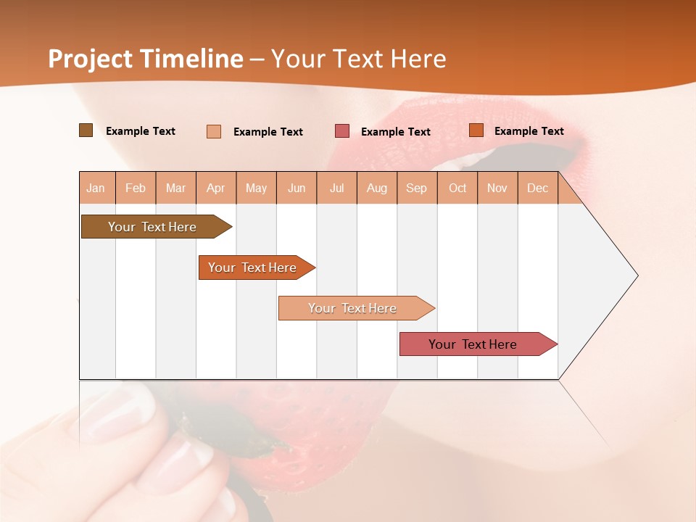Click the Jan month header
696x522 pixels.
(x=96, y=188)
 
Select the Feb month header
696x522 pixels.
(x=136, y=188)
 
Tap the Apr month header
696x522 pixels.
(x=216, y=188)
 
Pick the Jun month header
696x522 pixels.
(x=297, y=188)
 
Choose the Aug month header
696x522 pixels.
(x=377, y=188)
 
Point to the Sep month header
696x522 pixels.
(x=417, y=188)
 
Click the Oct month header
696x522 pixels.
(x=457, y=188)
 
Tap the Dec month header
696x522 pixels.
(x=538, y=188)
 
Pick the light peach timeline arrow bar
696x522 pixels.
(x=354, y=308)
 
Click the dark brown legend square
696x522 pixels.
(x=86, y=130)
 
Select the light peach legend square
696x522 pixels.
(x=214, y=131)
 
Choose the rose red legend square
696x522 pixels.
(x=342, y=131)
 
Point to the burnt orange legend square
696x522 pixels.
(x=476, y=130)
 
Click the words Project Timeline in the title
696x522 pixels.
(x=146, y=59)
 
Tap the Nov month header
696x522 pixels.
(x=497, y=188)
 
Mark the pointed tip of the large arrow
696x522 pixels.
(x=637, y=275)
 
